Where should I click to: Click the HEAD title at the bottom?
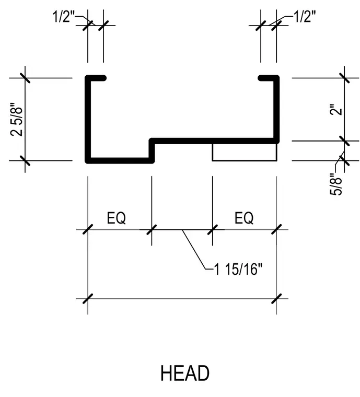185,373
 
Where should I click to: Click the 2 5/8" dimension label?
17,119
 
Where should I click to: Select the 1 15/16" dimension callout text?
238,269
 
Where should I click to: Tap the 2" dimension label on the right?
336,109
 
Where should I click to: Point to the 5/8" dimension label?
336,184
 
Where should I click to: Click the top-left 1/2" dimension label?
64,17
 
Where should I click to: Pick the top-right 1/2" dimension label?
305,17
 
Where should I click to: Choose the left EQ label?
116,218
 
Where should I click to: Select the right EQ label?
244,218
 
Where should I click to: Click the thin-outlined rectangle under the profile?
245,160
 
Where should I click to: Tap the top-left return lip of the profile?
96,78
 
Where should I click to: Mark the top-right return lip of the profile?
269,78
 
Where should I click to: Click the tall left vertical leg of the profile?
88,119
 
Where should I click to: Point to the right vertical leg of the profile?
276,109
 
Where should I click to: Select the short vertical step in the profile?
152,150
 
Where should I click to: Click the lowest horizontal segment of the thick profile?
120,160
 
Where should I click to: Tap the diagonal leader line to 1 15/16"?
195,249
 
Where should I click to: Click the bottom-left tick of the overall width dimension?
88,299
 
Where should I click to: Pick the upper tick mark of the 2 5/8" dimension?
25,78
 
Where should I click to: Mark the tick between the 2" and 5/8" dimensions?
344,141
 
